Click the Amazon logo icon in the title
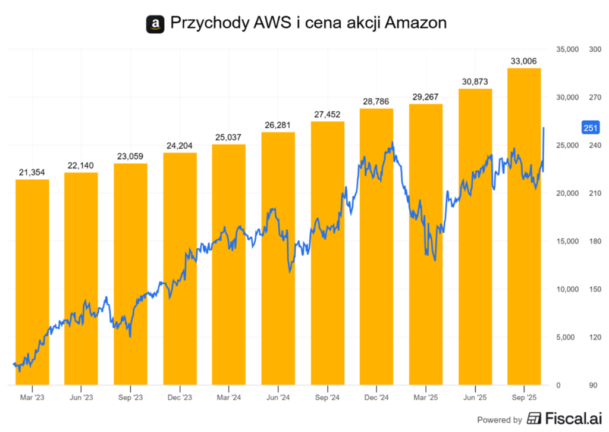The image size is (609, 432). [x=155, y=24]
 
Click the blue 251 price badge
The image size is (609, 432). [x=591, y=128]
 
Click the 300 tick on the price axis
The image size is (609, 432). [x=594, y=49]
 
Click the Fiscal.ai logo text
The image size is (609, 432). [x=566, y=419]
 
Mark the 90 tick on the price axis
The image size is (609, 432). [x=592, y=386]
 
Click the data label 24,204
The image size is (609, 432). [x=180, y=145]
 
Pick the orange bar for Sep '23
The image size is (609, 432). [x=130, y=274]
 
